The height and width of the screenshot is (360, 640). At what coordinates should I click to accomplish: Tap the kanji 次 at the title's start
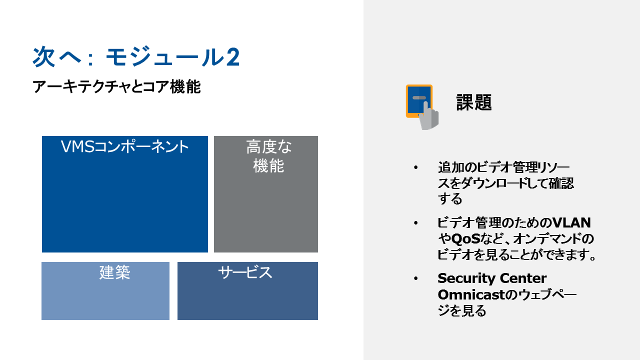point(43,56)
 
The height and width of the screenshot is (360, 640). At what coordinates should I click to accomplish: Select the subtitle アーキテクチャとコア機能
point(116,87)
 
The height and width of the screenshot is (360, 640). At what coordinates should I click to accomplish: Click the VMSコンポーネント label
point(125,146)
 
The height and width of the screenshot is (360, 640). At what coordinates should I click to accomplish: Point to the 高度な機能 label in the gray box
point(268,156)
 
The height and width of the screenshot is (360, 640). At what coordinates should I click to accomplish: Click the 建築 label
point(115,272)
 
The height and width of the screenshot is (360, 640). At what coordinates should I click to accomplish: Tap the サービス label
point(245,272)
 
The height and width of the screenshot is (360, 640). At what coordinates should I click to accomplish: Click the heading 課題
point(474,102)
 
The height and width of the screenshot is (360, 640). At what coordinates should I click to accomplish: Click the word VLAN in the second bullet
point(571,223)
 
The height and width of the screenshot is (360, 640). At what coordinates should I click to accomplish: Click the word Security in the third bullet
point(466,278)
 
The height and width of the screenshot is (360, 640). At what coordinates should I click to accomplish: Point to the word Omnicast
point(471,294)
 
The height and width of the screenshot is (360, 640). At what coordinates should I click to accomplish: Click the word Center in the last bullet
point(523,278)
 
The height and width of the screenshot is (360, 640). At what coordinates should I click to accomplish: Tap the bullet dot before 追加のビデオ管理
point(415,167)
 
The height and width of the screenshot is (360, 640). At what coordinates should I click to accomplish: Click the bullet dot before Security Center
point(415,278)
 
